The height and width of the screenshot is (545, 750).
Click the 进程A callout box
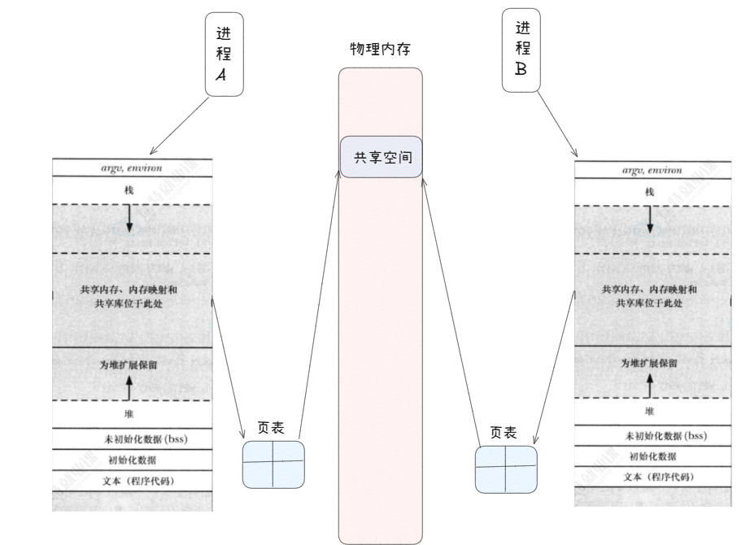[224, 54]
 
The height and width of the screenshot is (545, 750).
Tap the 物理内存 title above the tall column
[380, 50]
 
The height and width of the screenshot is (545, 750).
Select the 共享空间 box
[382, 157]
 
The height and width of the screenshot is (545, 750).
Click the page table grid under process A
[274, 464]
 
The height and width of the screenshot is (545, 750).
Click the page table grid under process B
[506, 469]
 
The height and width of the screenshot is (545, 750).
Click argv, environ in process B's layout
[652, 171]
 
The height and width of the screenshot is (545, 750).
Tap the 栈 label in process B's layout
[650, 192]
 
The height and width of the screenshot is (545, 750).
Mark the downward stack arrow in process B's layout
[650, 219]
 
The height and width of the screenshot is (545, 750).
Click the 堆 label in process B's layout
[650, 412]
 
